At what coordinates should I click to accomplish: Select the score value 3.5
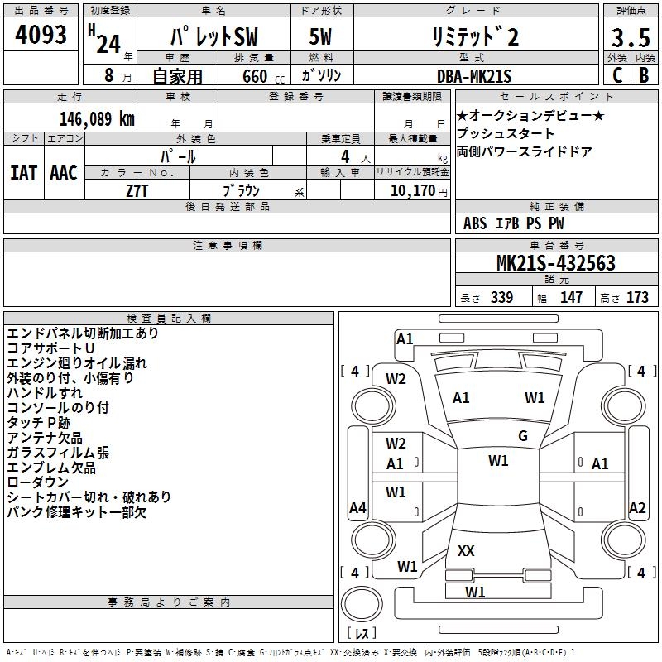coord(630,39)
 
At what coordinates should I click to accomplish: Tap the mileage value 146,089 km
coord(97,118)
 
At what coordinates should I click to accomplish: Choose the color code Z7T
coord(137,189)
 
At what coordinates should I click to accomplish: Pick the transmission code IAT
coord(23,173)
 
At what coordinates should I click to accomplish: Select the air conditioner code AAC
coord(63,173)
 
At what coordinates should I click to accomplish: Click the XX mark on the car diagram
coord(466,550)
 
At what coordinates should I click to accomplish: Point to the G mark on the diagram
coord(522,436)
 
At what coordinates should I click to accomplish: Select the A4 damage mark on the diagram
coord(357,508)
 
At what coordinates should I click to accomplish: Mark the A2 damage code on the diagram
coord(637,508)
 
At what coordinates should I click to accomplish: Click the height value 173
coord(637,297)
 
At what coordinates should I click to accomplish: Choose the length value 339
coord(501,297)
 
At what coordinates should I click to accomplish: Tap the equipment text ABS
coord(475,223)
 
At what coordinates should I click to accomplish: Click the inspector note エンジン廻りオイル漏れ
coord(77,363)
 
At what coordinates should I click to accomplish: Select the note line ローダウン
coord(38,482)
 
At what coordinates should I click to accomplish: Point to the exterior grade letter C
coord(616,75)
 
